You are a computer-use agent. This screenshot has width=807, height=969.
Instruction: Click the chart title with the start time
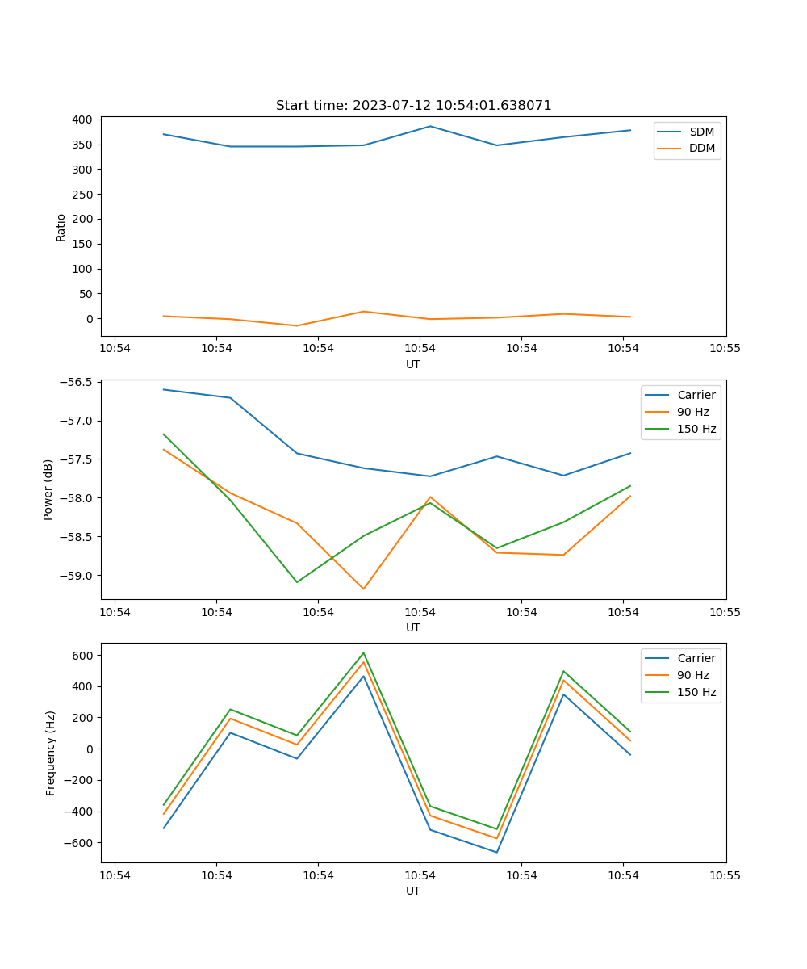click(x=413, y=106)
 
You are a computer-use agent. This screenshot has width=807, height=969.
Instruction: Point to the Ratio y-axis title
click(x=61, y=227)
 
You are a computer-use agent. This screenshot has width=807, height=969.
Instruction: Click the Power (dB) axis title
click(x=48, y=489)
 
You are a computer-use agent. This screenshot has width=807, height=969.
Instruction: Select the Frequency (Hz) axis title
click(x=51, y=753)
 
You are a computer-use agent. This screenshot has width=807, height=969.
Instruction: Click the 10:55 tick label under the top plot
click(x=725, y=349)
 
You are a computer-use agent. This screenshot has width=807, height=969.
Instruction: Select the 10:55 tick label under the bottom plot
click(x=725, y=875)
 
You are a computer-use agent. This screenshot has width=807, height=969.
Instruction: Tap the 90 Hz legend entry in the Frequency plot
click(x=692, y=675)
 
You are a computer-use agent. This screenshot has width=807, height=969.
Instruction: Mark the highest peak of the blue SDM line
click(x=430, y=126)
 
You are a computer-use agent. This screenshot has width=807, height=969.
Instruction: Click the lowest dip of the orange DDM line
click(x=297, y=325)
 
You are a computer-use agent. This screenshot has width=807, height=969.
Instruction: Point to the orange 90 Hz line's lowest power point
click(x=363, y=589)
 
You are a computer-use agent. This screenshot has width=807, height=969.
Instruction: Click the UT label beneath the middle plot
click(x=413, y=627)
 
